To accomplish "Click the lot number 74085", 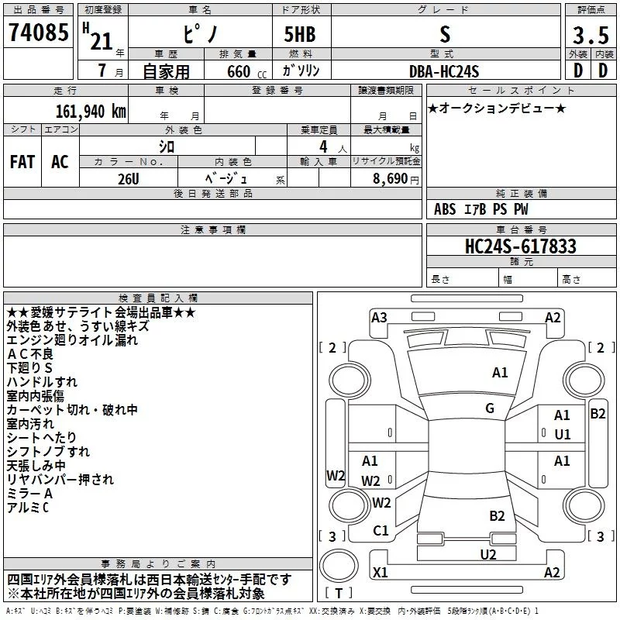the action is pos(38,32).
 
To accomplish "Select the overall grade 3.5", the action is pos(591,35).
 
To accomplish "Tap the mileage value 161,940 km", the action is pos(91,112).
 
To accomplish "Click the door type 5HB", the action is pos(300,34).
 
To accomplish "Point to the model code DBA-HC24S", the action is pos(444,71).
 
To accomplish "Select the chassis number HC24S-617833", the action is pos(521,246).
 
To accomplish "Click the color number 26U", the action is pos(129,179).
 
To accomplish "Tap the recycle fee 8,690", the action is pos(391,179).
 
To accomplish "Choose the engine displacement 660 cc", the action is pos(246,72).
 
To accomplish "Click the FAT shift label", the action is pos(22,162).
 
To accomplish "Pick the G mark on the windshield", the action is pos(490,408).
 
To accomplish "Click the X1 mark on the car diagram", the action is pos(381,572).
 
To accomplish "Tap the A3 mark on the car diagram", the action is pos(379,318).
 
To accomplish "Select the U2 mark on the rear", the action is pos(488,555).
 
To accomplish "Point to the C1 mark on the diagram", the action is pos(381,531).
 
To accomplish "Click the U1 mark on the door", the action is pos(563,435).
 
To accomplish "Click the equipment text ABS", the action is pos(445,209).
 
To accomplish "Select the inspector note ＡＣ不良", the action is pos(30,354).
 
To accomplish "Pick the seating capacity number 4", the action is pos(323,146).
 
